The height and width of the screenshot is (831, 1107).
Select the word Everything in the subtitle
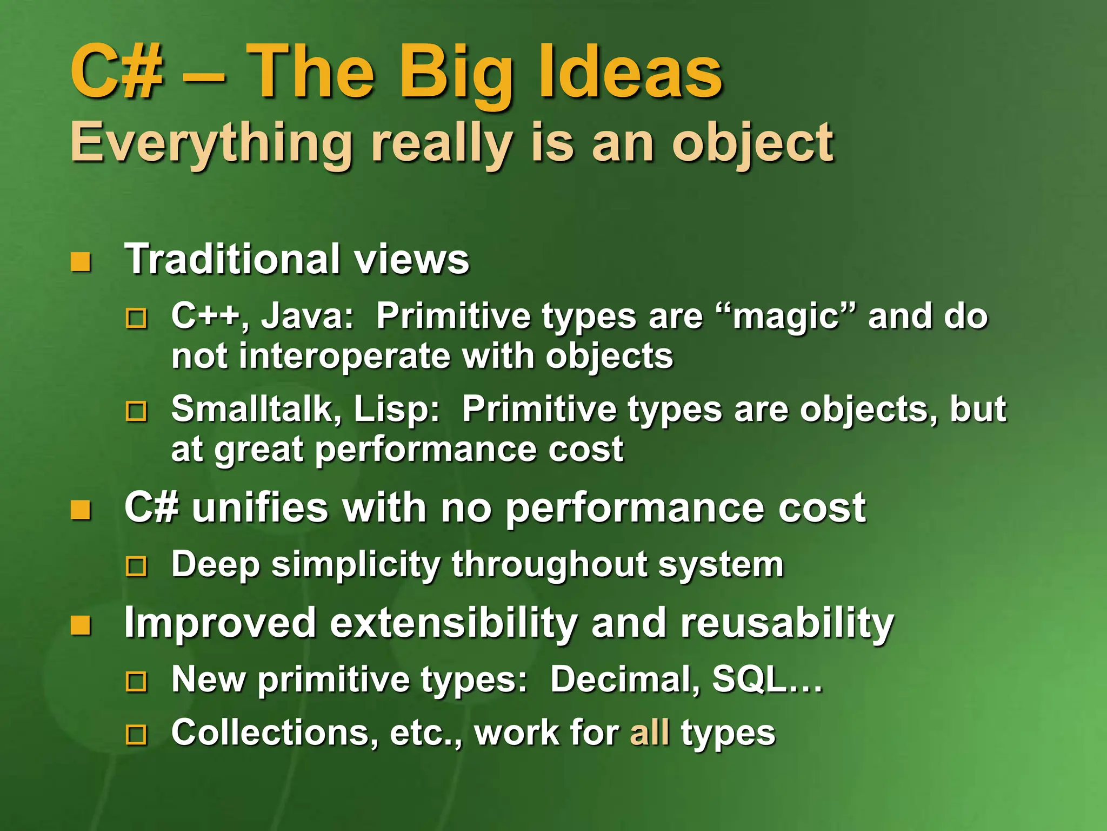tap(211, 143)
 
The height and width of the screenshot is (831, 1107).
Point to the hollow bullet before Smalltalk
tap(136, 411)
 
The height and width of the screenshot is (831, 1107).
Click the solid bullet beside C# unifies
tap(81, 510)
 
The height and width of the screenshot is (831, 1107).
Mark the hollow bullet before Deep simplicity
tap(136, 567)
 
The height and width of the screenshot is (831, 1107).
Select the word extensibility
tap(454, 623)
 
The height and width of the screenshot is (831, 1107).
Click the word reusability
tap(787, 623)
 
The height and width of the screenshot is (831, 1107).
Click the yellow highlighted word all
tap(650, 733)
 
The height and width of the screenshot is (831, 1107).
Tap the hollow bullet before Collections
tap(136, 735)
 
